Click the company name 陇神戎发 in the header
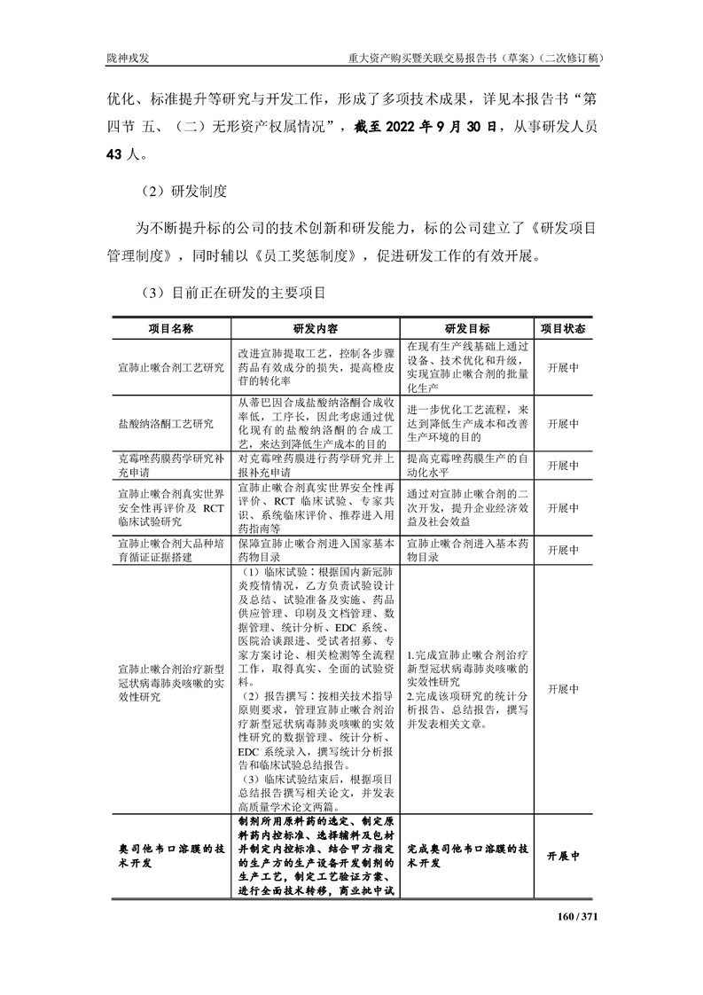point(127,58)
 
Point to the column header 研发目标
point(467,327)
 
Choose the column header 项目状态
point(563,327)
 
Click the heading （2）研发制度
point(184,191)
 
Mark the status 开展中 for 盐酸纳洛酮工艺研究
point(563,424)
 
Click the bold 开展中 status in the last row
point(563,857)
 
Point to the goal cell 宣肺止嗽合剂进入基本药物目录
point(467,549)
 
